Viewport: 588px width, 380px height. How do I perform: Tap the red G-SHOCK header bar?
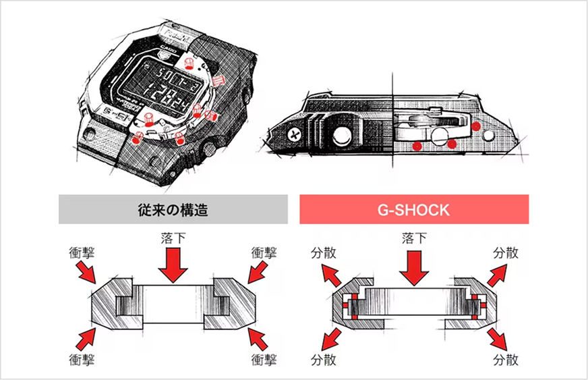tap(413, 209)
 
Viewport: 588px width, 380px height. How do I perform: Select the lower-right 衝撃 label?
tap(264, 356)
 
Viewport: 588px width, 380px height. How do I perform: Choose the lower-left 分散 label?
tap(322, 356)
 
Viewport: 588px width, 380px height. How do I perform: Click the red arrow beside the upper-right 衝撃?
tap(257, 271)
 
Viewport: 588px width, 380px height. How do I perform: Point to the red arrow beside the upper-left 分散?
tap(331, 273)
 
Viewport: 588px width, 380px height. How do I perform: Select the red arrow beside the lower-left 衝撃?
tap(88, 336)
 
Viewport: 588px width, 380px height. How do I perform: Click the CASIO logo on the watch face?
tap(169, 51)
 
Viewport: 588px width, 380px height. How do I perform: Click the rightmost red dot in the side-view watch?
tap(476, 126)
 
